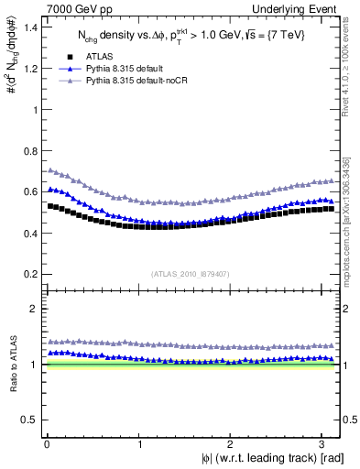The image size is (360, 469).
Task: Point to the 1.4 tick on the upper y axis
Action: point(31,27)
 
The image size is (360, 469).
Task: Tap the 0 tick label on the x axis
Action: point(47,444)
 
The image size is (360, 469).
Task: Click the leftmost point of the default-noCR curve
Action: point(49,170)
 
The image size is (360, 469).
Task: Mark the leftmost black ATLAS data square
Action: point(49,206)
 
